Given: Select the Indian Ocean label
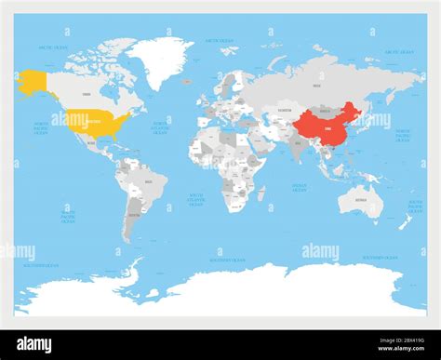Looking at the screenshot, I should pos(300,188).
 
